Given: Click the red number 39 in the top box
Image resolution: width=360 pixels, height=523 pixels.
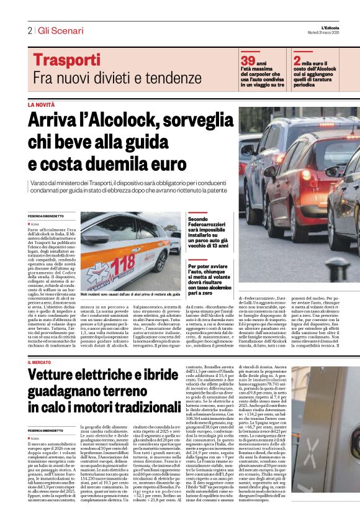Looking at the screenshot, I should [x=248, y=60].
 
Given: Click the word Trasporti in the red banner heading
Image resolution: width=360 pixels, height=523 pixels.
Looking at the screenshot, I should [x=66, y=60].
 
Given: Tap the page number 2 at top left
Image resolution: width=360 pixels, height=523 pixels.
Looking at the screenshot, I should [x=29, y=31].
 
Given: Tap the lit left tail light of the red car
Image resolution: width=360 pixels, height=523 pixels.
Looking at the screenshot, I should [x=307, y=175].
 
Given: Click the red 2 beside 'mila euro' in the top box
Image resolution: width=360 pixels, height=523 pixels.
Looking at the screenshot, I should [x=297, y=60].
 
